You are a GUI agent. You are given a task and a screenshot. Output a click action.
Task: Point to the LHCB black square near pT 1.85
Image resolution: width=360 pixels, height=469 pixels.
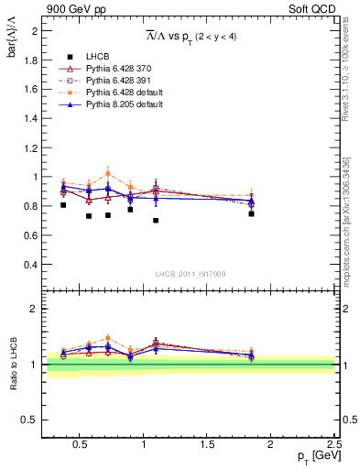(x=251, y=213)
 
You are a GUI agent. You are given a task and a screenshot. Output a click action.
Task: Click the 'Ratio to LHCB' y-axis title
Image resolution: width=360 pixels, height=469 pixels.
(x=13, y=365)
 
